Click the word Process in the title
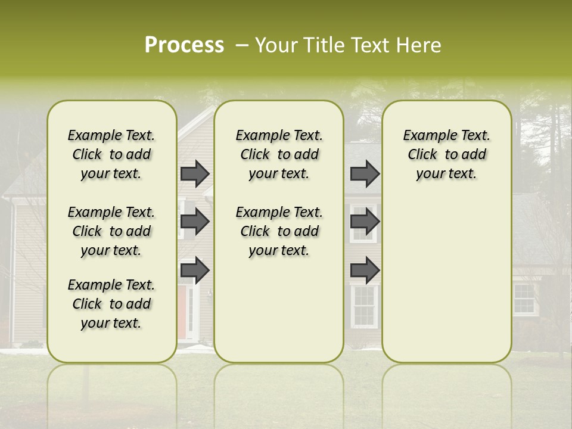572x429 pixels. pyautogui.click(x=184, y=45)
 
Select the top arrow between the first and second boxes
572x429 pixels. pyautogui.click(x=195, y=174)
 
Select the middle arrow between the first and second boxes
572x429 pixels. pyautogui.click(x=195, y=222)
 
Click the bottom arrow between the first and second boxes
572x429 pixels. pyautogui.click(x=195, y=271)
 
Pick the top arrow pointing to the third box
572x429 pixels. pyautogui.click(x=365, y=174)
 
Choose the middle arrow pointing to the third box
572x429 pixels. pyautogui.click(x=365, y=222)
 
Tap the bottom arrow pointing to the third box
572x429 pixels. pyautogui.click(x=365, y=271)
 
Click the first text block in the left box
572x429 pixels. pyautogui.click(x=111, y=154)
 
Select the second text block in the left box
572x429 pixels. pyautogui.click(x=111, y=231)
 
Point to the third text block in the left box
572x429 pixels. pyautogui.click(x=111, y=304)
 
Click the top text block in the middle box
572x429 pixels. pyautogui.click(x=279, y=154)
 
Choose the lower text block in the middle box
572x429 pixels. pyautogui.click(x=279, y=231)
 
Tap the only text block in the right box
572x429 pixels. pyautogui.click(x=446, y=154)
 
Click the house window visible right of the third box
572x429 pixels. pyautogui.click(x=524, y=299)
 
